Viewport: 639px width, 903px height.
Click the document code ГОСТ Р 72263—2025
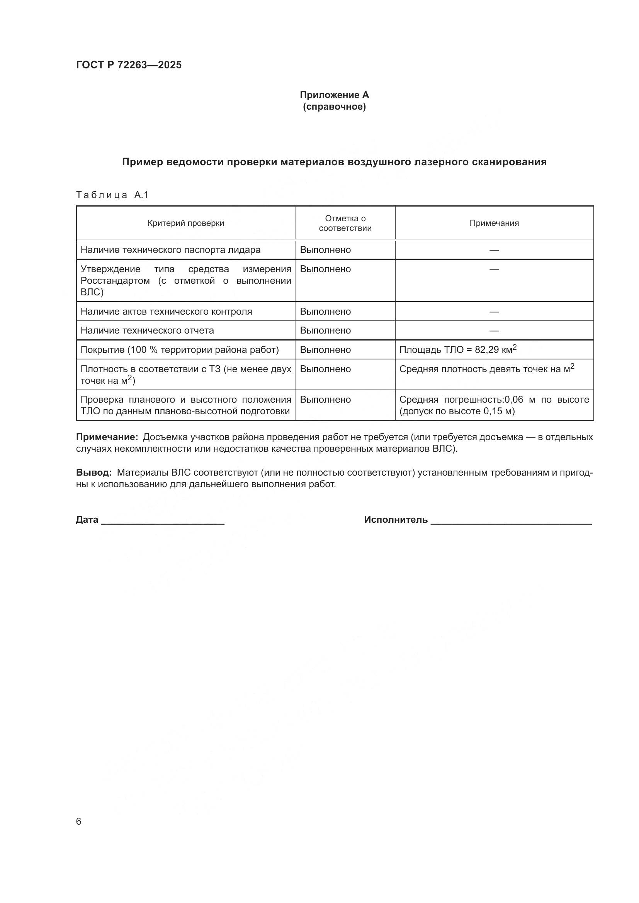pos(129,65)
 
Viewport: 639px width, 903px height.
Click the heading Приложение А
pos(334,95)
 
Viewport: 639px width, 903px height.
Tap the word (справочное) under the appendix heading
pos(334,107)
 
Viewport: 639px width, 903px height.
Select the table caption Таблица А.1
pos(112,195)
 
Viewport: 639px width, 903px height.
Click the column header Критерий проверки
pos(186,223)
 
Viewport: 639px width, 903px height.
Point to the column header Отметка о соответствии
pos(345,223)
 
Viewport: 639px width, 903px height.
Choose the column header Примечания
pos(494,223)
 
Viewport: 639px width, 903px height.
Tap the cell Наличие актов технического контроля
pos(166,312)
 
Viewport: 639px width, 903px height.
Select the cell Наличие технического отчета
pos(147,330)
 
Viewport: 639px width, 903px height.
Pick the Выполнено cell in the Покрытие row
pos(325,350)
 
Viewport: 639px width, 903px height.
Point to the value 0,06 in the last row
pos(513,400)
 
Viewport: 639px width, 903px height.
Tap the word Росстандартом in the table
pos(115,281)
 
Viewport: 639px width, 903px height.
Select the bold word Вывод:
pos(94,472)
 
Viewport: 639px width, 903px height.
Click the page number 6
pos(79,821)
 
